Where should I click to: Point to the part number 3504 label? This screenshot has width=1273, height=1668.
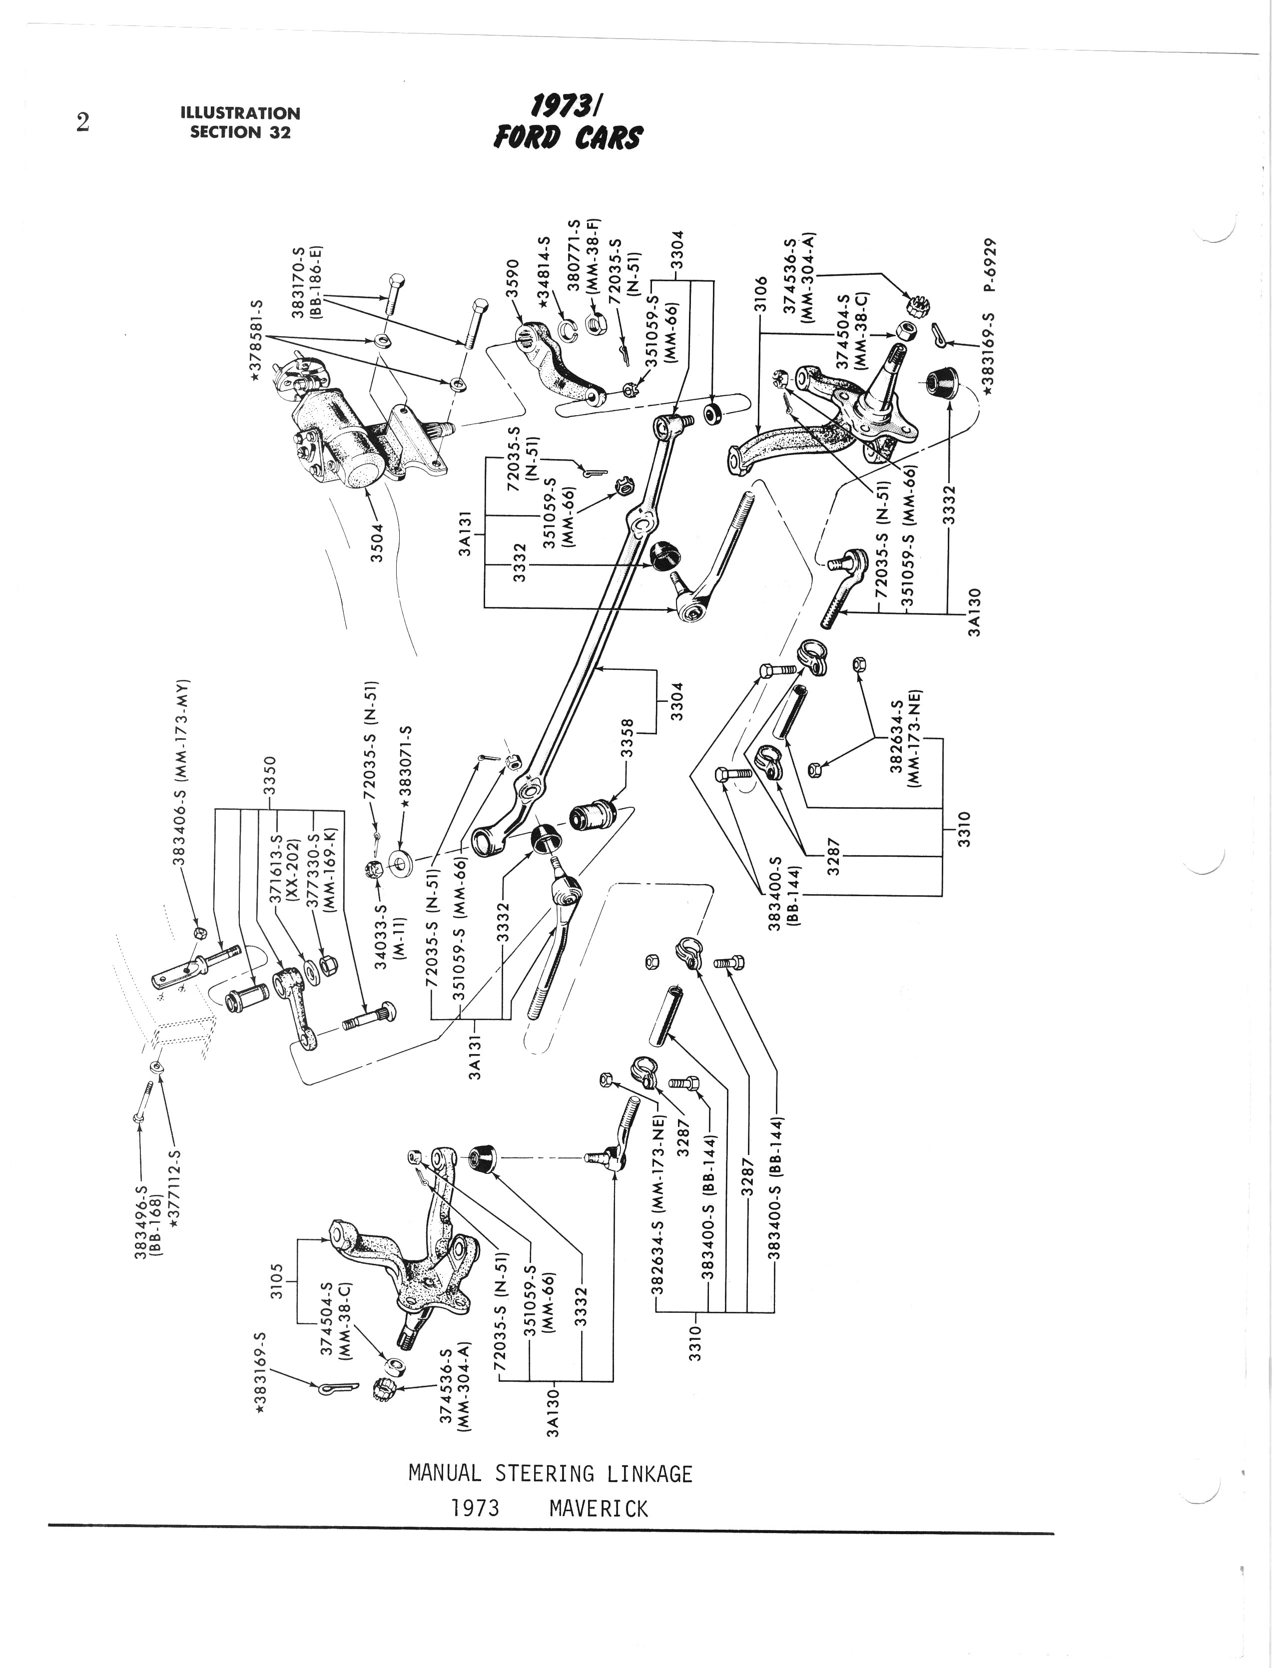378,543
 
